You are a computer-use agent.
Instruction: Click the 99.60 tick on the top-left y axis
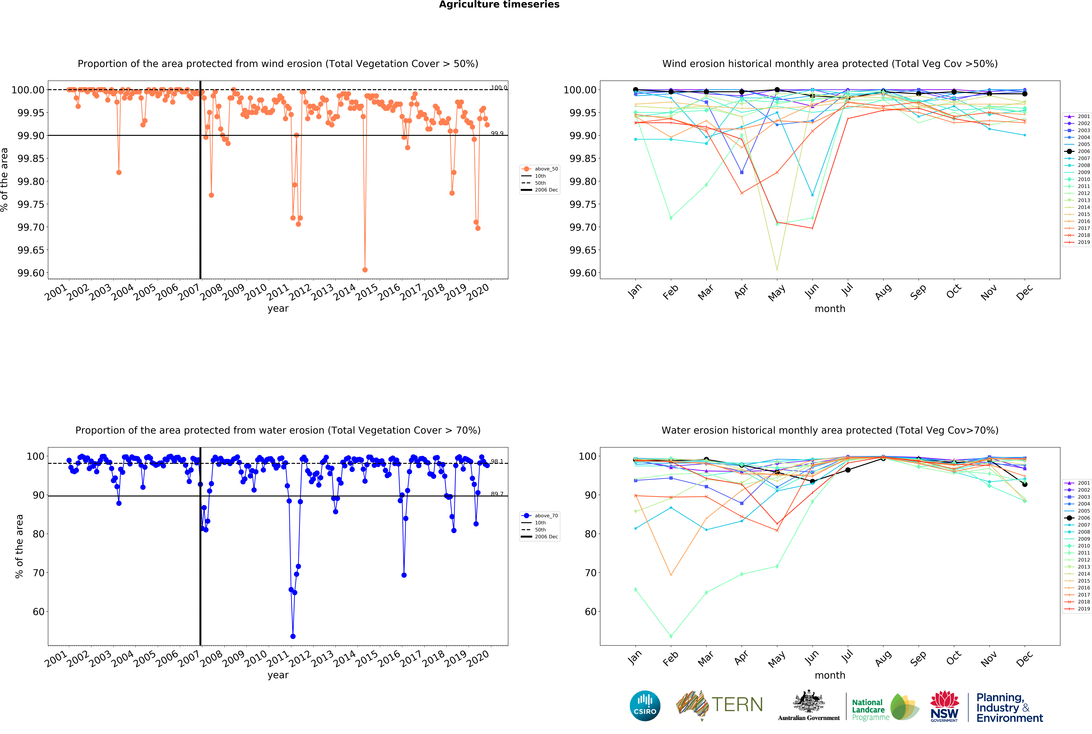click(31, 273)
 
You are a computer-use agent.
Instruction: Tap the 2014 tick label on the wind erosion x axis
click(345, 293)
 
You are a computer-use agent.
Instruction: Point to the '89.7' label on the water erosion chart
click(497, 494)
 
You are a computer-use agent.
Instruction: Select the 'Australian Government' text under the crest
click(808, 718)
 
